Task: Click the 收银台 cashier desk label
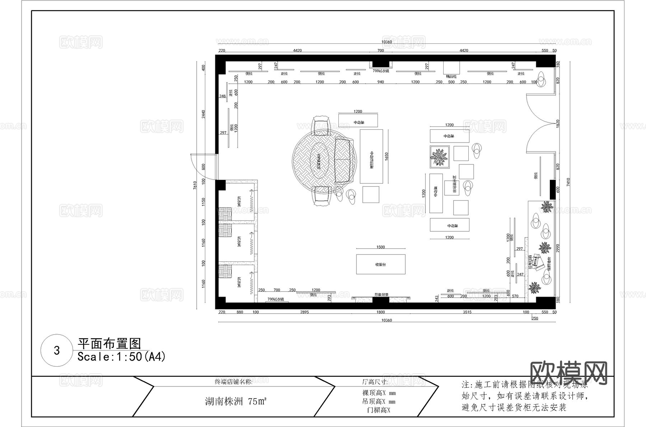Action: (x=380, y=265)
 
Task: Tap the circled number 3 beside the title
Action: (x=57, y=351)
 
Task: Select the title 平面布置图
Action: (x=109, y=344)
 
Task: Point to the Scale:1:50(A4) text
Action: (x=121, y=357)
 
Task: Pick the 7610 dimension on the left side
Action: (x=195, y=185)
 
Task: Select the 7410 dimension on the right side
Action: (x=568, y=182)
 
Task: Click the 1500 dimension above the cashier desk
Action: (x=380, y=247)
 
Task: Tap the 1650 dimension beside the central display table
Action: (x=387, y=156)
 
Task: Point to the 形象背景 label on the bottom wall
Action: (x=381, y=295)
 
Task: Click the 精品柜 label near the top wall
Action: (x=451, y=76)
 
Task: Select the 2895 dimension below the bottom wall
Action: (x=304, y=312)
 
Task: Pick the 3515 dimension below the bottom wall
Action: (x=467, y=312)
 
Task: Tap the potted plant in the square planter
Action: (x=440, y=157)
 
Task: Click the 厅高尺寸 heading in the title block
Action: (x=375, y=382)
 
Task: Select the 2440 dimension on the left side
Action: (x=203, y=114)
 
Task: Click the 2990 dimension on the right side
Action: (x=558, y=248)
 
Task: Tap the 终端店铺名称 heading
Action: (x=233, y=382)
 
